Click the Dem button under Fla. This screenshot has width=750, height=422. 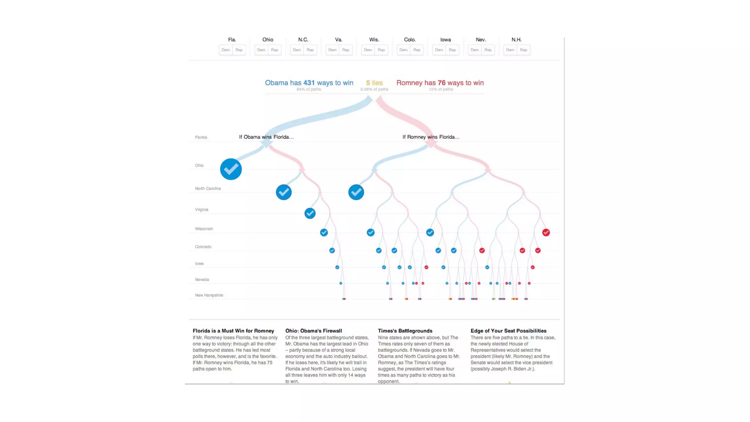click(226, 50)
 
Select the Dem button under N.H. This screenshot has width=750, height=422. click(510, 50)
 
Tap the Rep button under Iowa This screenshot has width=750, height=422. click(452, 50)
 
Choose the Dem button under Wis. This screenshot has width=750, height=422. click(368, 50)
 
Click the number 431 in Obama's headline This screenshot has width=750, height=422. click(309, 83)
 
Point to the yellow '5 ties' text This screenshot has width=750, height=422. click(374, 83)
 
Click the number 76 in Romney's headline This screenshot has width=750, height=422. click(441, 83)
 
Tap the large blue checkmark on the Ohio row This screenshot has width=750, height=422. click(231, 169)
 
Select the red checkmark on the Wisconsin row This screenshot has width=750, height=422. click(546, 232)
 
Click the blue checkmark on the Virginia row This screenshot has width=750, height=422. click(310, 213)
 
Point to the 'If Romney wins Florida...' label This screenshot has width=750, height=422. click(431, 137)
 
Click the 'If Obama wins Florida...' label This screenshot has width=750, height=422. click(266, 137)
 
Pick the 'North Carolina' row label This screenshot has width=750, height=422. click(208, 189)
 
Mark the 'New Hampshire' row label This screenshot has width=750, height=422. click(209, 295)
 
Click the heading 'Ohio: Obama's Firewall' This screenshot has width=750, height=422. click(313, 331)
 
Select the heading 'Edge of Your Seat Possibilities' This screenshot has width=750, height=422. click(508, 331)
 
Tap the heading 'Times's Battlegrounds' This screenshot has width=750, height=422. click(405, 331)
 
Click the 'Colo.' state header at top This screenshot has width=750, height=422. click(410, 40)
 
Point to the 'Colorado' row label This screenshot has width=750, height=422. click(203, 247)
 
